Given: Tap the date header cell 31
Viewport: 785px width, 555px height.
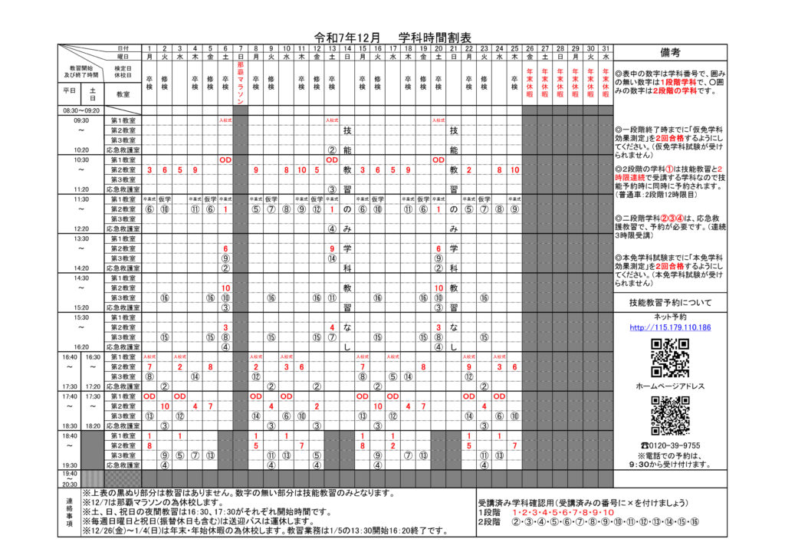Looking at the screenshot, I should (x=606, y=48).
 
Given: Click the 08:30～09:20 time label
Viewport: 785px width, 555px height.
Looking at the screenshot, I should (x=81, y=110).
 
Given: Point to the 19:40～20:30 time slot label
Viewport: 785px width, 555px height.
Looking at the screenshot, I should (x=70, y=478).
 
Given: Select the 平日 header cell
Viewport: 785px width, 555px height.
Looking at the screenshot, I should (x=70, y=90).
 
